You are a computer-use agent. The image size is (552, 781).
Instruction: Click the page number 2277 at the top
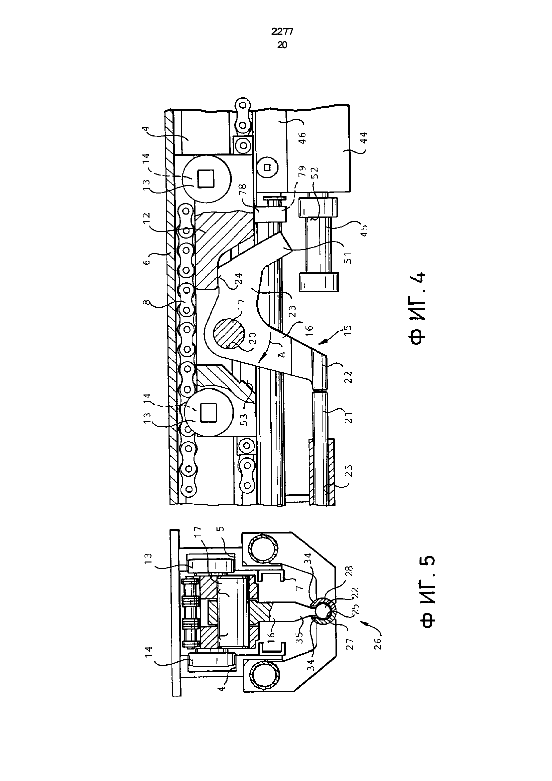click(x=282, y=32)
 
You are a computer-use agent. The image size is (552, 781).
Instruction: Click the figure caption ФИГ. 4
click(x=418, y=308)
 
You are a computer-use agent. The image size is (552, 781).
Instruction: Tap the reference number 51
click(x=348, y=257)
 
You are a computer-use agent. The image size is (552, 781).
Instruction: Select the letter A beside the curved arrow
click(x=282, y=354)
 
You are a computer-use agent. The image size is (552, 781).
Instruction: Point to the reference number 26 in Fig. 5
click(x=378, y=642)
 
